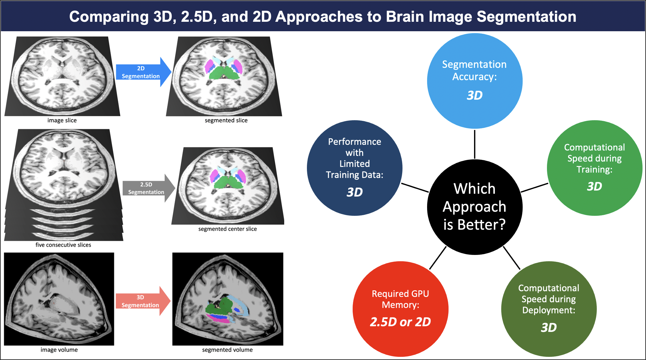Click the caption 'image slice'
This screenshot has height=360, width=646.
62,120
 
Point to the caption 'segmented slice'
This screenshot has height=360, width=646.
226,120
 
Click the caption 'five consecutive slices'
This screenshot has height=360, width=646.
63,245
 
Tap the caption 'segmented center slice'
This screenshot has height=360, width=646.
227,229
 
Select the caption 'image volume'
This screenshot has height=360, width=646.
59,350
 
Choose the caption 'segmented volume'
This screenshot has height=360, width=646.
227,350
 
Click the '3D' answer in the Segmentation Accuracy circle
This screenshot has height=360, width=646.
474,95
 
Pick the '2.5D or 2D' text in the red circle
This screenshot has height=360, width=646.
400,322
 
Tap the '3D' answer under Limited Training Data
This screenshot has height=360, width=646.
355,192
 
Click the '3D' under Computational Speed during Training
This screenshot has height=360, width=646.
594,186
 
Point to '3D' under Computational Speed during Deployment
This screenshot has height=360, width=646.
549,328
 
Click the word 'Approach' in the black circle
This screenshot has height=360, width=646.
474,207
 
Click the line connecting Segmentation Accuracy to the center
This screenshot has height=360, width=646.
474,144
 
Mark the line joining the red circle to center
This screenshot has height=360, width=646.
438,257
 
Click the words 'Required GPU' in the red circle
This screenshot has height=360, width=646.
400,294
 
